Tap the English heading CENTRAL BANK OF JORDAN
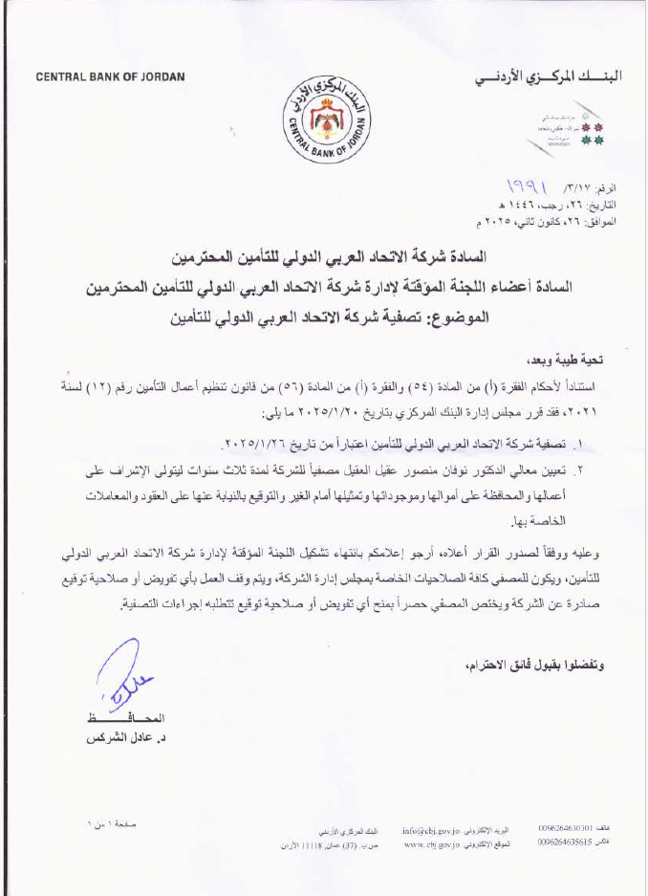(111, 76)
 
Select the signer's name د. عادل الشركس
(119, 739)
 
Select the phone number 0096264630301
(566, 828)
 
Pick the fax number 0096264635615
(566, 843)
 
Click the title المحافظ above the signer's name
(119, 718)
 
